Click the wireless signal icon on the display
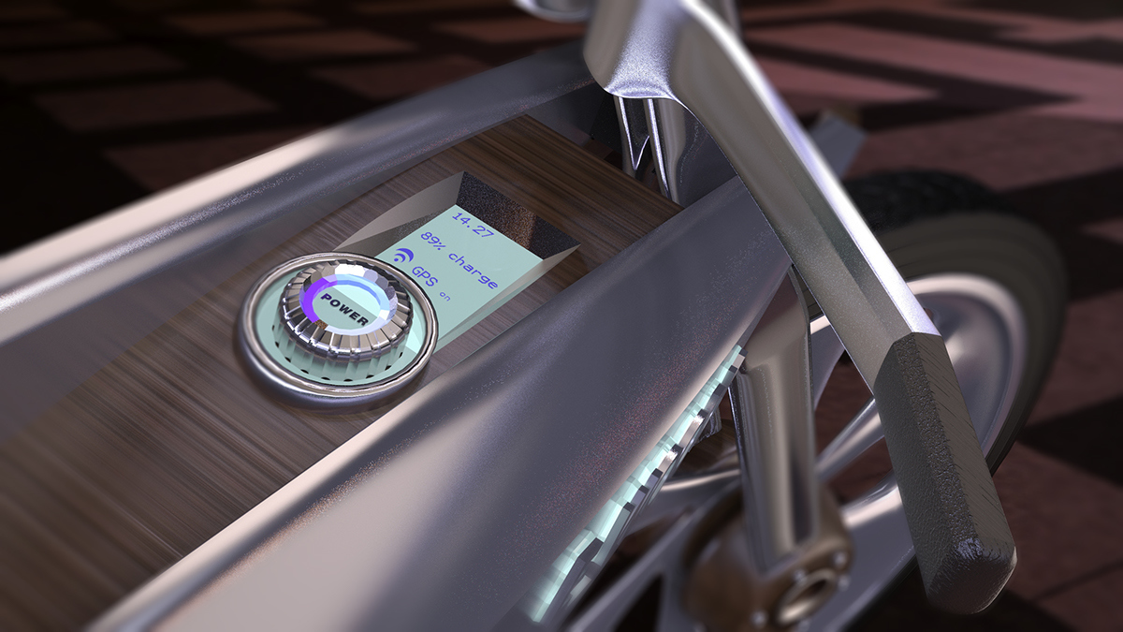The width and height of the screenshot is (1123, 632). point(402,257)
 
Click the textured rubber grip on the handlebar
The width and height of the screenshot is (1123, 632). point(945,449)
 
